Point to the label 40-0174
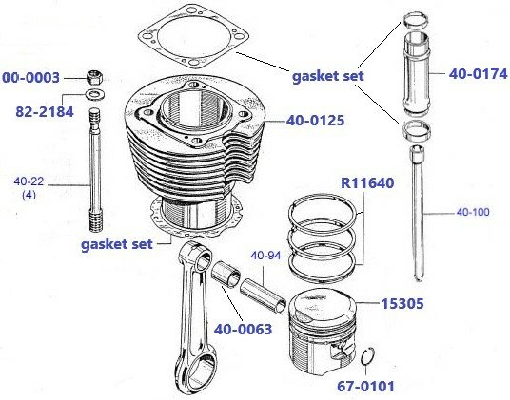(467, 71)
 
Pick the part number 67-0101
(365, 386)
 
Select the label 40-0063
(243, 330)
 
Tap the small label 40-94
(265, 255)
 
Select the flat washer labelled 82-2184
(94, 96)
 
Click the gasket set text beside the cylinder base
(116, 243)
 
